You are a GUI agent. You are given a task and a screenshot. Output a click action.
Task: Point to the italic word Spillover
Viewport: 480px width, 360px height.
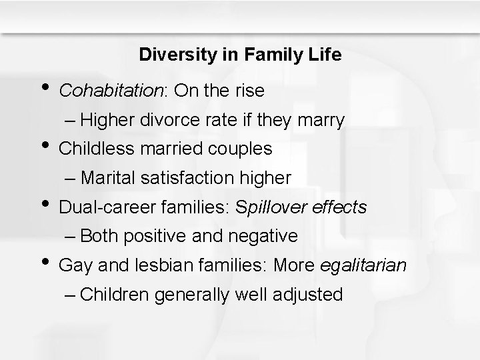(x=263, y=208)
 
